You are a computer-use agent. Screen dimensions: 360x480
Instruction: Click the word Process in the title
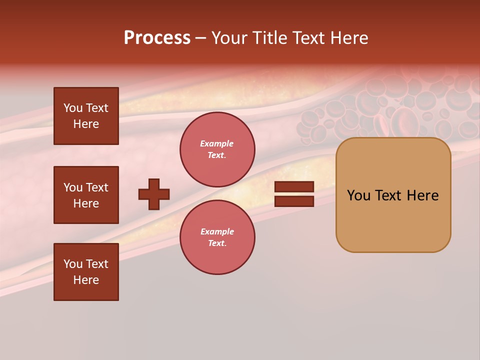(157, 38)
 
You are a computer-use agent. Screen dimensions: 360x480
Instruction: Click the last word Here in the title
(348, 38)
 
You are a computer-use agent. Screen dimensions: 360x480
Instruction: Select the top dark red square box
(86, 116)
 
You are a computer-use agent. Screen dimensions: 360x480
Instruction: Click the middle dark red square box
(86, 195)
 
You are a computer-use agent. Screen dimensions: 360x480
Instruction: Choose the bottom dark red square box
(86, 272)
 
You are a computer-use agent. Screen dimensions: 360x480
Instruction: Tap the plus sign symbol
(154, 194)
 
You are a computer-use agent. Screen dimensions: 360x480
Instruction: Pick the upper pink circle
(217, 149)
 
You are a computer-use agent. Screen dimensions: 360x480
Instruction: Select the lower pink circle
(217, 237)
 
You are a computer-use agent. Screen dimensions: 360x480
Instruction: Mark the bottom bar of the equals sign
(294, 201)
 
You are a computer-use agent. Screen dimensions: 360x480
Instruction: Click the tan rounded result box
(393, 195)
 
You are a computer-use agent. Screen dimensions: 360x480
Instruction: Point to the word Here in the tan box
(422, 195)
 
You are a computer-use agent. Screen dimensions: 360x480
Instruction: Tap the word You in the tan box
(359, 195)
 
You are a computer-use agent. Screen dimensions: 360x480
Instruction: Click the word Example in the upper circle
(217, 143)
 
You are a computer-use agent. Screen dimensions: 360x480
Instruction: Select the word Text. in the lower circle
(217, 243)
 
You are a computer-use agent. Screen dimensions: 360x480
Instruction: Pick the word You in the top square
(73, 108)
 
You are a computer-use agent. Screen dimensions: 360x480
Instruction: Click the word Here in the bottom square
(86, 280)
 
